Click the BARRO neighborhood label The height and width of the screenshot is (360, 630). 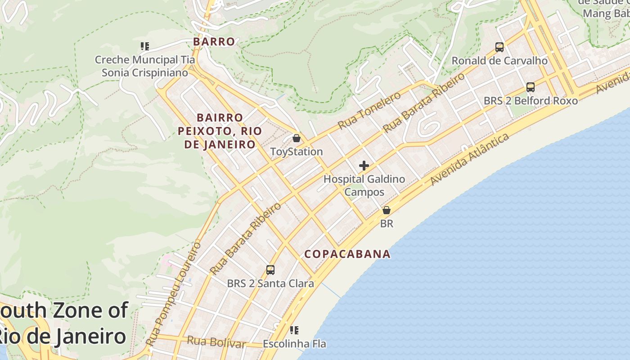coord(214,41)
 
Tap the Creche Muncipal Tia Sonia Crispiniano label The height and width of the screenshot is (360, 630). coord(144,66)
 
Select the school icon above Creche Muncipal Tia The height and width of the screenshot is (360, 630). coord(144,46)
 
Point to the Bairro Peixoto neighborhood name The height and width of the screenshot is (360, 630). coord(220,131)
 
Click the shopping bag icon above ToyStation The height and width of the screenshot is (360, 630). coord(296,138)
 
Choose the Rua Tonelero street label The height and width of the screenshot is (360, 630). coord(369,110)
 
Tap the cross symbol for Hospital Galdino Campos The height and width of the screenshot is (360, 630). coord(364,166)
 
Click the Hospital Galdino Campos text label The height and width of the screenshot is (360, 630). coord(364,185)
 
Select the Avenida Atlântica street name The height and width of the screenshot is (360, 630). coord(470,159)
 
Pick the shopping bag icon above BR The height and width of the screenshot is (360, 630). coord(386,210)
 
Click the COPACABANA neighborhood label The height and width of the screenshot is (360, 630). coord(347,254)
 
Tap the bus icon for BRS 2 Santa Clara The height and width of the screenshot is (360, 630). coord(270,270)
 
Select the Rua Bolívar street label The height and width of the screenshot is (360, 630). coord(216,342)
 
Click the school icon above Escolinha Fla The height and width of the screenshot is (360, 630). coord(294,330)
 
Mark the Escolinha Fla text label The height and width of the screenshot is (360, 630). coord(294,344)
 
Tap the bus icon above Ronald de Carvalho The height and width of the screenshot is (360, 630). coord(499,47)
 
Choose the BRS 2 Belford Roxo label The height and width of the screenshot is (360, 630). coord(531,101)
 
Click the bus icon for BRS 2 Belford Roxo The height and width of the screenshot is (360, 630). coord(531,87)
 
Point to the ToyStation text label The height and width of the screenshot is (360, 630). coord(297,152)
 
